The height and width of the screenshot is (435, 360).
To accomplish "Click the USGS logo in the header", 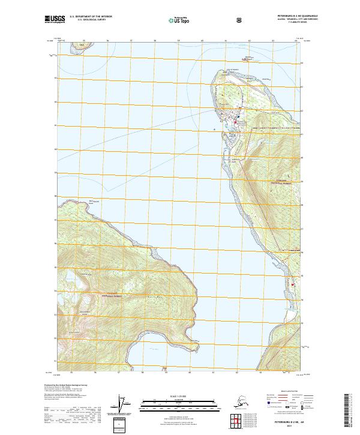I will [53, 19].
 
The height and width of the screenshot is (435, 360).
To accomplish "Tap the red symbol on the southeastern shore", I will [293, 251].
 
